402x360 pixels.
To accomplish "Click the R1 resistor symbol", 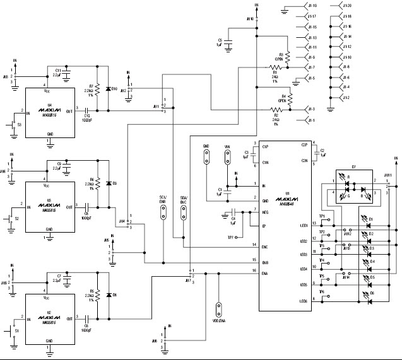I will pyautogui.click(x=275, y=67).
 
